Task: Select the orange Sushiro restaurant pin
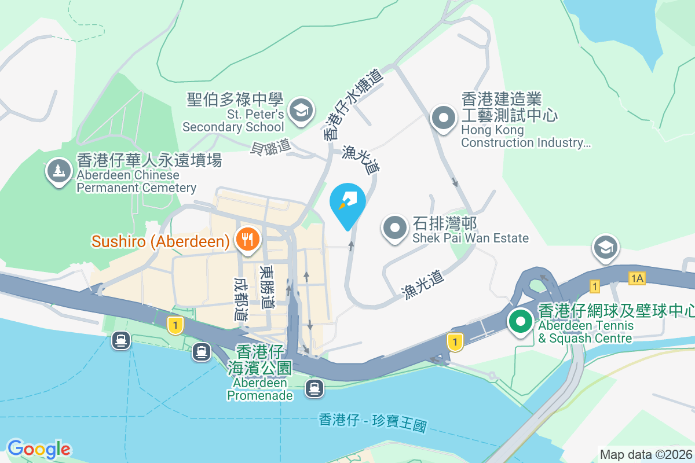[247, 238]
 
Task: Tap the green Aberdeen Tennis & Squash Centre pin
[521, 321]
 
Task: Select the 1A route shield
[637, 278]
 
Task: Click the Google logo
[39, 449]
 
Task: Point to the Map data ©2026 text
[646, 454]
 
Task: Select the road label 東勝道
[268, 287]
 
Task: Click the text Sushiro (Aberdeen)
[160, 241]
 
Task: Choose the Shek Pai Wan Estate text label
[470, 230]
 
